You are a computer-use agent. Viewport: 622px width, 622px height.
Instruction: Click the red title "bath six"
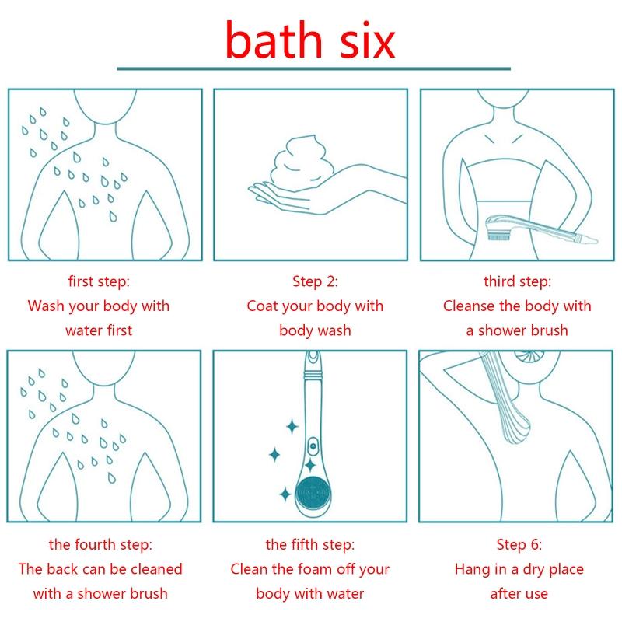(310, 40)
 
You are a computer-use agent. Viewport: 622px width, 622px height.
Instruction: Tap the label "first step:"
(99, 281)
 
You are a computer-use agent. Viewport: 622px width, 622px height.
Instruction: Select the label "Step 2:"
(315, 281)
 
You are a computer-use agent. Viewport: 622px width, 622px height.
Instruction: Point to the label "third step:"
(517, 281)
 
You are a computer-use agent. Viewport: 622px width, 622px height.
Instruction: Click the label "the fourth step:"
(100, 545)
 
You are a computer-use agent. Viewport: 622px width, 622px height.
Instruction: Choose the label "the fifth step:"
(310, 545)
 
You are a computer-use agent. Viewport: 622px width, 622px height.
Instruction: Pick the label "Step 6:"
(519, 545)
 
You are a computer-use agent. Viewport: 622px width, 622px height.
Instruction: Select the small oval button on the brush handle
(313, 446)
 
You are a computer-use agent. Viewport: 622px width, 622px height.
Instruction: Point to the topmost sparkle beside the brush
(292, 427)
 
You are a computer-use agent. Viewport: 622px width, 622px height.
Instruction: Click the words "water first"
(99, 330)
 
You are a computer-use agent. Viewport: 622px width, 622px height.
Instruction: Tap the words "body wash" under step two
(315, 330)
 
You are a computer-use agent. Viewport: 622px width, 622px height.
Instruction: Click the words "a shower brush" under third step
(517, 330)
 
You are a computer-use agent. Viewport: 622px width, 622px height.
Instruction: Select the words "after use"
(519, 594)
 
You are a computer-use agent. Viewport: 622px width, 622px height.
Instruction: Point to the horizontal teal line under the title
(314, 69)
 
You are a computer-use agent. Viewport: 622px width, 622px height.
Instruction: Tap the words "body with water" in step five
(309, 594)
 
